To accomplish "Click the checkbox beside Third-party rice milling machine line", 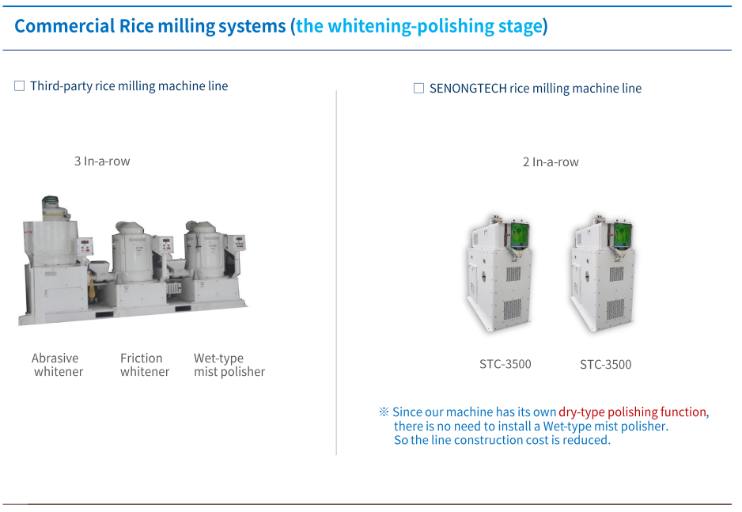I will [x=20, y=86].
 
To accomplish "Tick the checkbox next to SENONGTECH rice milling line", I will [x=418, y=89].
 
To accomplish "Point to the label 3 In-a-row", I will [x=102, y=161].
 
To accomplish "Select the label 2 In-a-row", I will [x=551, y=162].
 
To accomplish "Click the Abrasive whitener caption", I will [x=57, y=365].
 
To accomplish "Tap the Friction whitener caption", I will [x=144, y=365].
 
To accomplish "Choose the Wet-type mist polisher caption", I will [x=229, y=365].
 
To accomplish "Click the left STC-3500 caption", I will [x=505, y=364].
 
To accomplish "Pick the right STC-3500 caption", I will [x=606, y=365].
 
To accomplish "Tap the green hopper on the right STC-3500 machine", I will [x=623, y=233].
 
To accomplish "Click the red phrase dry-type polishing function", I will [x=632, y=412].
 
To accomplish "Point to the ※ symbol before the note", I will [x=384, y=412].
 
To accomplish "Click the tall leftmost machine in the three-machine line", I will [x=54, y=261].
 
